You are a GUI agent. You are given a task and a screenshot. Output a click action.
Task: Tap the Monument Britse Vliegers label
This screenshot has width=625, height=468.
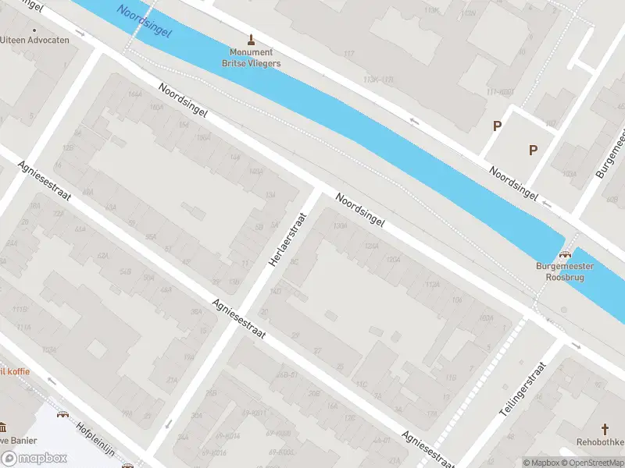(x=251, y=58)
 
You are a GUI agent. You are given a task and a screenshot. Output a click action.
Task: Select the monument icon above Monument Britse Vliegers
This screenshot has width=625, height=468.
(x=251, y=39)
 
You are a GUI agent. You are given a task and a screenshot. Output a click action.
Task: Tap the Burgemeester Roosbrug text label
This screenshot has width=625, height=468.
(x=564, y=271)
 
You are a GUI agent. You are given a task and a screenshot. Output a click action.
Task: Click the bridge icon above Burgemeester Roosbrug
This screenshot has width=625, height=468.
(x=566, y=253)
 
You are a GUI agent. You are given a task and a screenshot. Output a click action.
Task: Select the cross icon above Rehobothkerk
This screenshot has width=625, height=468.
(x=605, y=428)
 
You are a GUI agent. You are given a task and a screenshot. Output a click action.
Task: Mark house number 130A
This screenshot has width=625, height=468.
(x=339, y=225)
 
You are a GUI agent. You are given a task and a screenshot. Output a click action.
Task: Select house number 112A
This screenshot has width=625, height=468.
(x=432, y=285)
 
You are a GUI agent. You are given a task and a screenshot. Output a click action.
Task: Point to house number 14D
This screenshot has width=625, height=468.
(x=275, y=292)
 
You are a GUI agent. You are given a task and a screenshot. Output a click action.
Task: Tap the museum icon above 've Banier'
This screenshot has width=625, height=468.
(x=2, y=427)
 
